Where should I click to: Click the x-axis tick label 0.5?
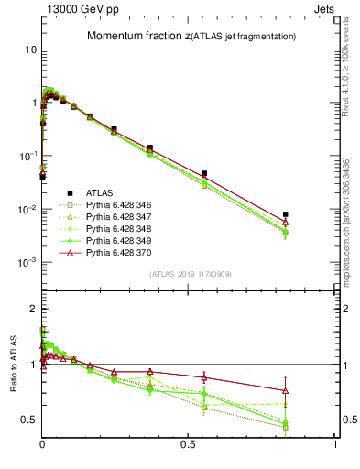coord(189,443)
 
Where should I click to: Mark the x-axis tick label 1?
coord(335,443)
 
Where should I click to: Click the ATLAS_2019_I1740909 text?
coord(190,274)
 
